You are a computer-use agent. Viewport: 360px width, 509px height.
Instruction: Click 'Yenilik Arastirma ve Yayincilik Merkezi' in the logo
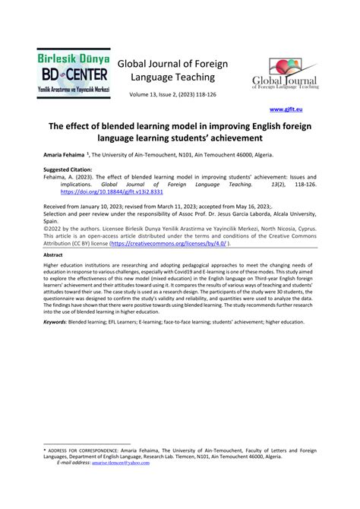pos(73,90)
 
